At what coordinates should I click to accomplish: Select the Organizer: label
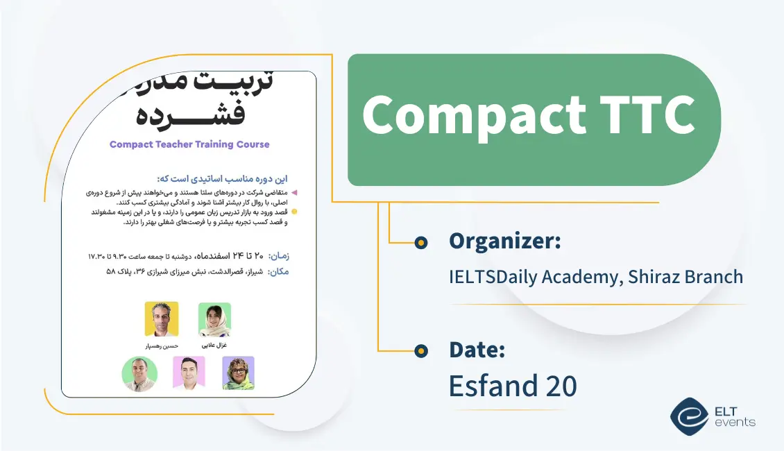pos(504,241)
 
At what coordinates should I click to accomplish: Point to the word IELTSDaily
pos(502,277)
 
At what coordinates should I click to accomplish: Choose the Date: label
pos(477,350)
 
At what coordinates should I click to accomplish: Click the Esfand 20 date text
pos(513,386)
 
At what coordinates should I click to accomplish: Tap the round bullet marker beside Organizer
pos(420,242)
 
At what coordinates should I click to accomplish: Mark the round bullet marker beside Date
pos(420,351)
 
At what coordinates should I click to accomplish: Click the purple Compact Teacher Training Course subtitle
pos(189,144)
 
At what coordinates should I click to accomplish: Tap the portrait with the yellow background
pos(162,319)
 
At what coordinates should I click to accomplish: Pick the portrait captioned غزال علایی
pos(214,319)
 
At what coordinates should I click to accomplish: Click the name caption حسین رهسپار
pos(161,345)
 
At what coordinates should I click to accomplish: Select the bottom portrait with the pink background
pos(189,373)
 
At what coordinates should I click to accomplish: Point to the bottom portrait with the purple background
pos(238,373)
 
